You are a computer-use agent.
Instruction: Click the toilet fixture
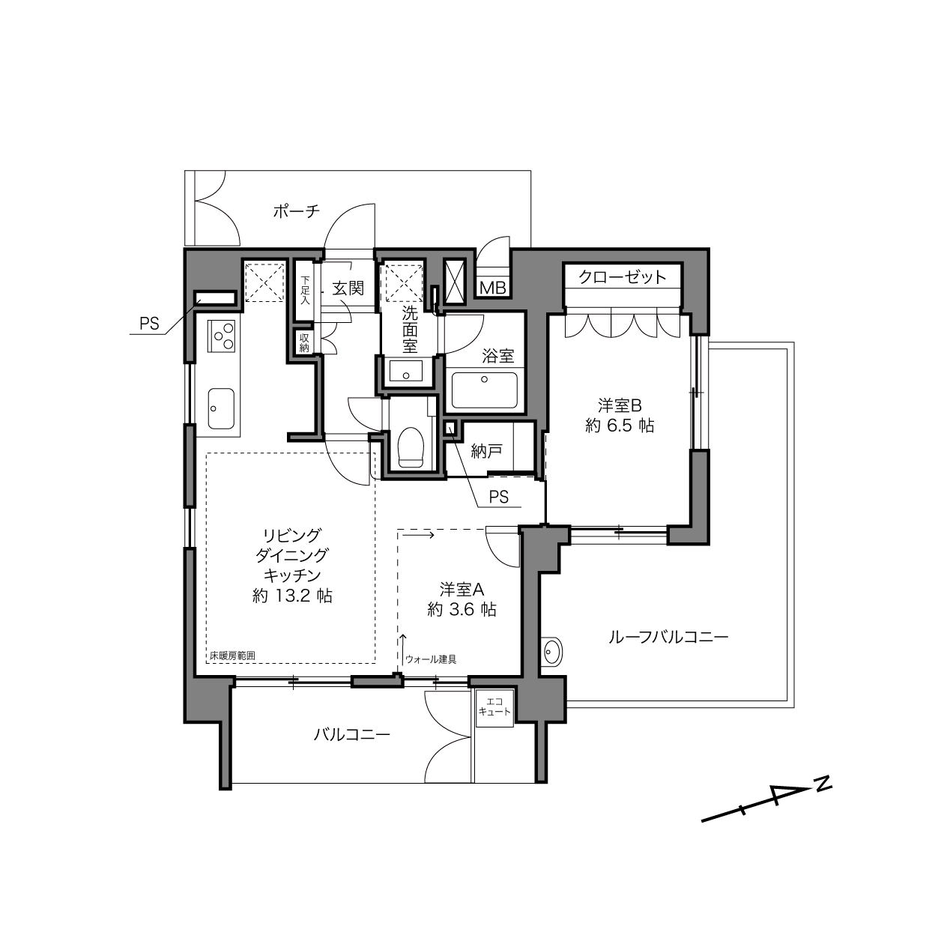(x=411, y=447)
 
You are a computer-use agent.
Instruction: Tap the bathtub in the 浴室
(x=484, y=390)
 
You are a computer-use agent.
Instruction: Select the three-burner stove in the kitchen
(x=222, y=336)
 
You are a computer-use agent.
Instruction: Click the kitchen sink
(x=221, y=408)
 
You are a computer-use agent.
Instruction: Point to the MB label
(x=494, y=288)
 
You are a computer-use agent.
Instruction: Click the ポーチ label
(x=297, y=211)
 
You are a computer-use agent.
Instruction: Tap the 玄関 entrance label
(x=348, y=288)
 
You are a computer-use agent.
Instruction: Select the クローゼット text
(x=623, y=277)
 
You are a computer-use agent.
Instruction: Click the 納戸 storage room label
(x=487, y=451)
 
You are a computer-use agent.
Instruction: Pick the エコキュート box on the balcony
(x=494, y=709)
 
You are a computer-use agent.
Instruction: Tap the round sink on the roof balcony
(x=551, y=651)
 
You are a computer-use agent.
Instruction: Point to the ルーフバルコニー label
(x=668, y=637)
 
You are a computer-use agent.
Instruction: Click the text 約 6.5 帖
(x=620, y=426)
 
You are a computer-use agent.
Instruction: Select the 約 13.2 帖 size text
(x=292, y=596)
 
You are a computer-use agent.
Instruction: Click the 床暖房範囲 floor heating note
(x=233, y=656)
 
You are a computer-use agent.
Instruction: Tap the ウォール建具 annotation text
(x=431, y=659)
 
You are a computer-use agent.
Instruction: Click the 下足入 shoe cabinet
(x=305, y=291)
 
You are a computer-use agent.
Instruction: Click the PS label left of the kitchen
(x=149, y=324)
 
